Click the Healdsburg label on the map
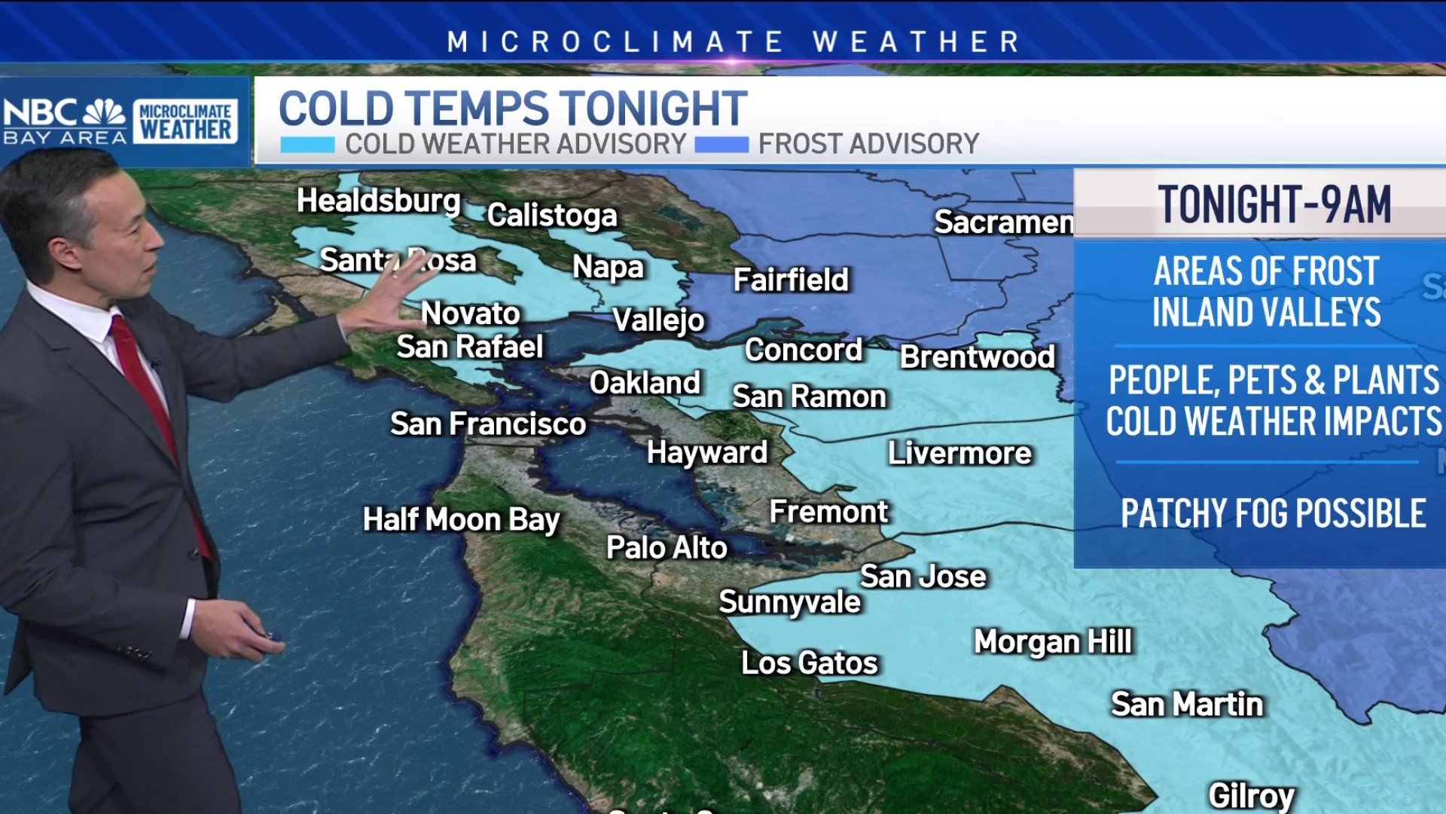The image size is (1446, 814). tap(378, 201)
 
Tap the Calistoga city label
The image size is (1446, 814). tap(551, 216)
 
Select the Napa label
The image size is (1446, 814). tap(608, 268)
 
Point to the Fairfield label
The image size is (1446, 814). tap(791, 280)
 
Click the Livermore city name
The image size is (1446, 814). tap(959, 454)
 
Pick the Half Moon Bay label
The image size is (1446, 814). tap(461, 520)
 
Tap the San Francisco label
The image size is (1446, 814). tap(488, 424)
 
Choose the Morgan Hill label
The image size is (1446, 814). tap(1052, 642)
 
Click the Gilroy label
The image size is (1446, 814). tap(1251, 796)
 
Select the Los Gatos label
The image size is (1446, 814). tap(810, 663)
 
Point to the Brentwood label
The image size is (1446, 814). tap(978, 357)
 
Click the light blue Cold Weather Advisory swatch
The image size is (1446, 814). tap(307, 144)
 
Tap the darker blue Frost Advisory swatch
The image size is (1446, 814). tap(721, 144)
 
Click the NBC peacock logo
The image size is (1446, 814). tap(104, 112)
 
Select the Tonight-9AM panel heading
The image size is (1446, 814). tap(1274, 205)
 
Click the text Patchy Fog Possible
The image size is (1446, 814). tap(1273, 514)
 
